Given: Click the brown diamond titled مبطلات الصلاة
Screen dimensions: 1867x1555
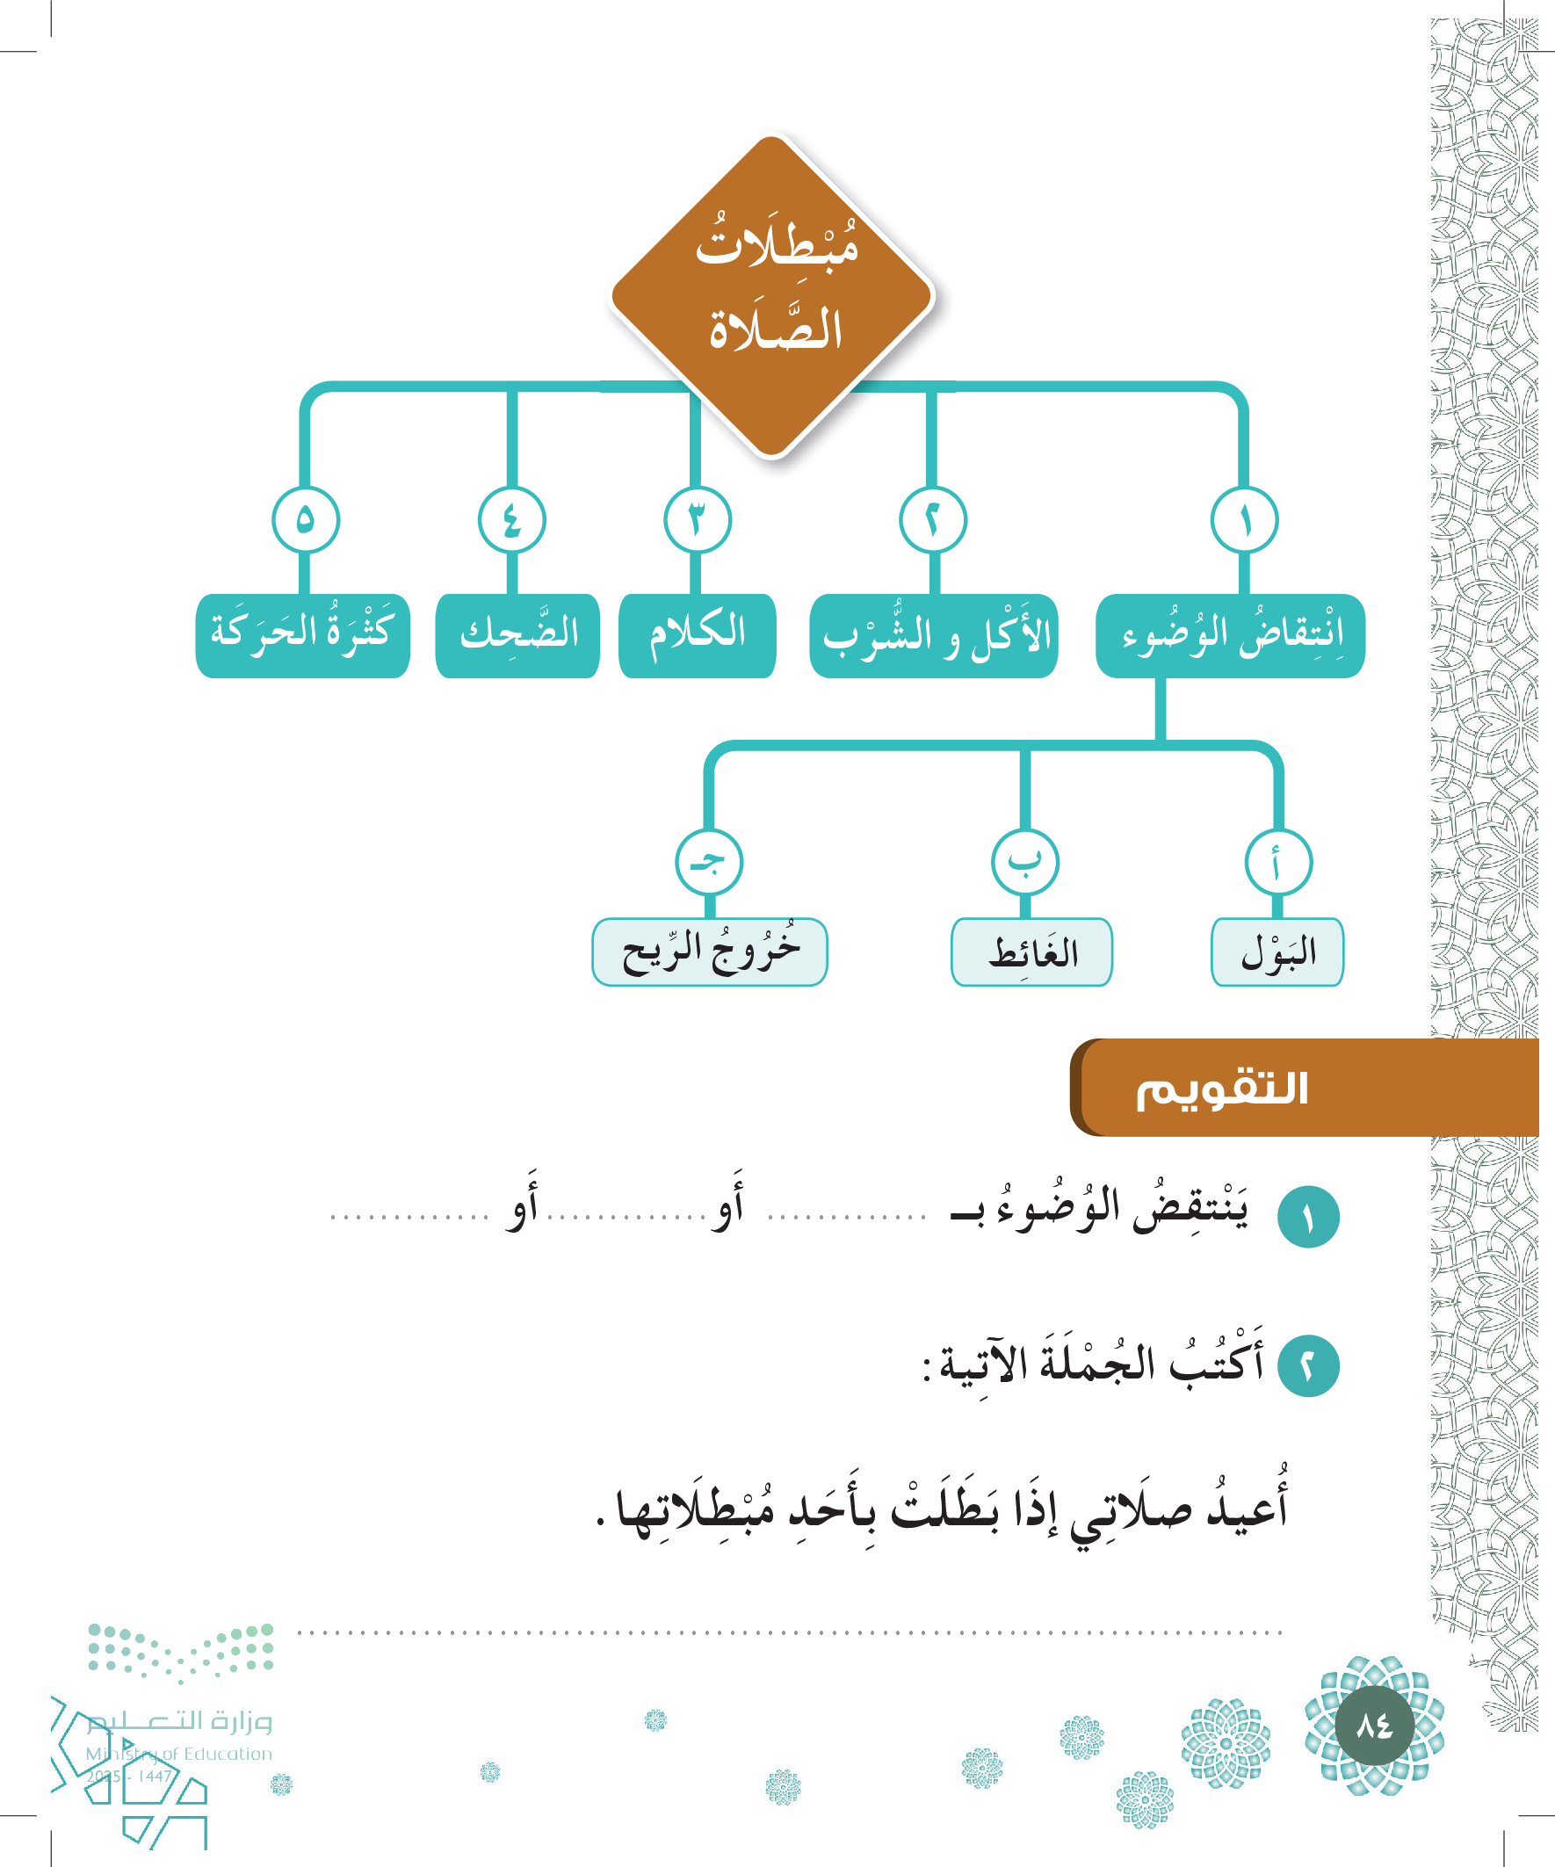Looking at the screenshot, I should click(x=771, y=295).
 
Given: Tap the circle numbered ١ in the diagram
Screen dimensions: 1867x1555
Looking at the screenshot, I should click(x=1244, y=520).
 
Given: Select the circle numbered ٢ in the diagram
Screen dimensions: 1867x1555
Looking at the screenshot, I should click(x=933, y=520).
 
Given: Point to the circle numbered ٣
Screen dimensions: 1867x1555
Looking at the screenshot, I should click(x=697, y=520).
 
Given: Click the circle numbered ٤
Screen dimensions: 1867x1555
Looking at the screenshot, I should click(x=511, y=520).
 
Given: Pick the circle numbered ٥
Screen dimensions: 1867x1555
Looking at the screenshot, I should click(x=305, y=520).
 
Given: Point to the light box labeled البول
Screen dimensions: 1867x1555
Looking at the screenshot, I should click(x=1277, y=952).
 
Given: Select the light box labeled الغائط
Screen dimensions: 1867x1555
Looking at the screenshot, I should click(x=1031, y=952).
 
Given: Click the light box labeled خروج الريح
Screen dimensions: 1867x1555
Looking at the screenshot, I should click(x=710, y=952).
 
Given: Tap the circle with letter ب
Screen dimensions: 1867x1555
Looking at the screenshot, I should click(x=1024, y=862).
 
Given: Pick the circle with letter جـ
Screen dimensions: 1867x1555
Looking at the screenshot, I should click(x=709, y=862).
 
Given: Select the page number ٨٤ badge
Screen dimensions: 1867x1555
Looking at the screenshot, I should click(x=1374, y=1726).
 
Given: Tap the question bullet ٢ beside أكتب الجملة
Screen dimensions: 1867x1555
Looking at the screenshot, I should click(x=1308, y=1364).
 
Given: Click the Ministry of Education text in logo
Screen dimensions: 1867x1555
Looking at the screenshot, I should click(x=178, y=1754).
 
